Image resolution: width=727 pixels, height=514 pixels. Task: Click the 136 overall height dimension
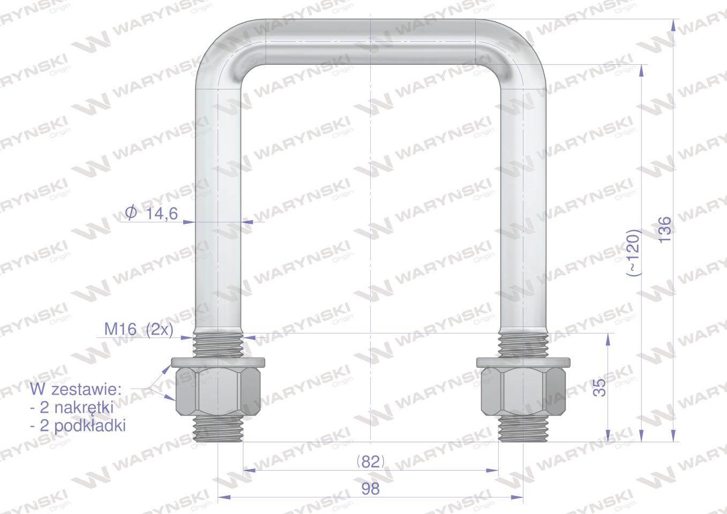(x=665, y=229)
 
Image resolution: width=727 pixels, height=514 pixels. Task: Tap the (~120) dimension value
(x=633, y=253)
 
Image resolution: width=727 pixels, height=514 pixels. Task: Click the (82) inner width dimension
(x=370, y=461)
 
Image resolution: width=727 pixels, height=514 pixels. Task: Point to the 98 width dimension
(x=370, y=489)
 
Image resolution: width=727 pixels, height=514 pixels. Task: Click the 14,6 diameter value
(x=162, y=214)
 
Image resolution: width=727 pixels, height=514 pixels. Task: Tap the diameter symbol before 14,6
(x=131, y=213)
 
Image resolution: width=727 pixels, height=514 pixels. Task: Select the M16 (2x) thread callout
(x=139, y=330)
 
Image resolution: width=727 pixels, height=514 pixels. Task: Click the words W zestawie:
(x=76, y=389)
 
